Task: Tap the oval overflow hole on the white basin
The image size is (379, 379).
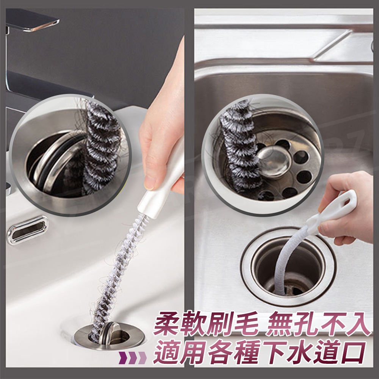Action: [x=28, y=230]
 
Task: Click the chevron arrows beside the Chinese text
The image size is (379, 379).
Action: [x=132, y=358]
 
